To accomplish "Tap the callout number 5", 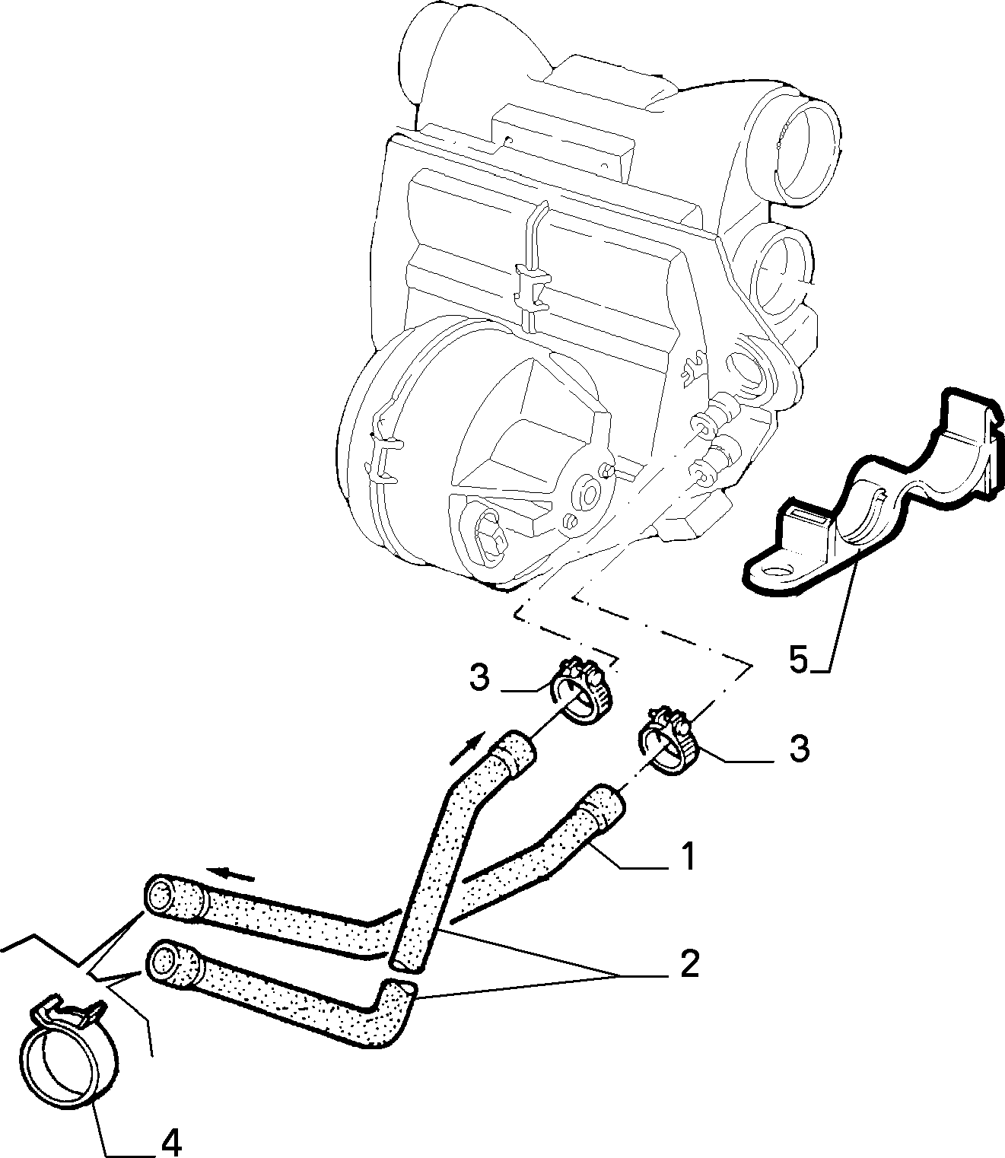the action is pos(799,660).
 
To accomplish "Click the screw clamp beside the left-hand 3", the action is pos(583,690).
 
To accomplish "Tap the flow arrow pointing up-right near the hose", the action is pos(467,748).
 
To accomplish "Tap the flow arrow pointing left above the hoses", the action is pos(230,889).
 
